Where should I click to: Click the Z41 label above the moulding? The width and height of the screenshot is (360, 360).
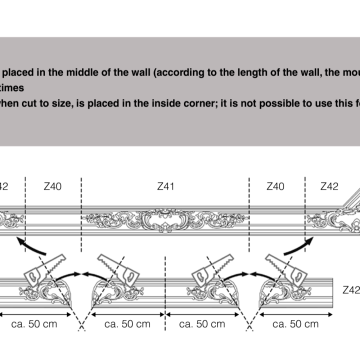point(166,185)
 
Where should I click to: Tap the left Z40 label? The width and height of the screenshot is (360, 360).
point(52,185)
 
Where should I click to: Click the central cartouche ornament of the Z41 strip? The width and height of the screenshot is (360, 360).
point(166,218)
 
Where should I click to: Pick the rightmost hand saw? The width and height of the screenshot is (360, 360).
point(282,261)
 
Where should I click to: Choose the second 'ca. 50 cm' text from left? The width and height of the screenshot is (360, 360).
point(123,324)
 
